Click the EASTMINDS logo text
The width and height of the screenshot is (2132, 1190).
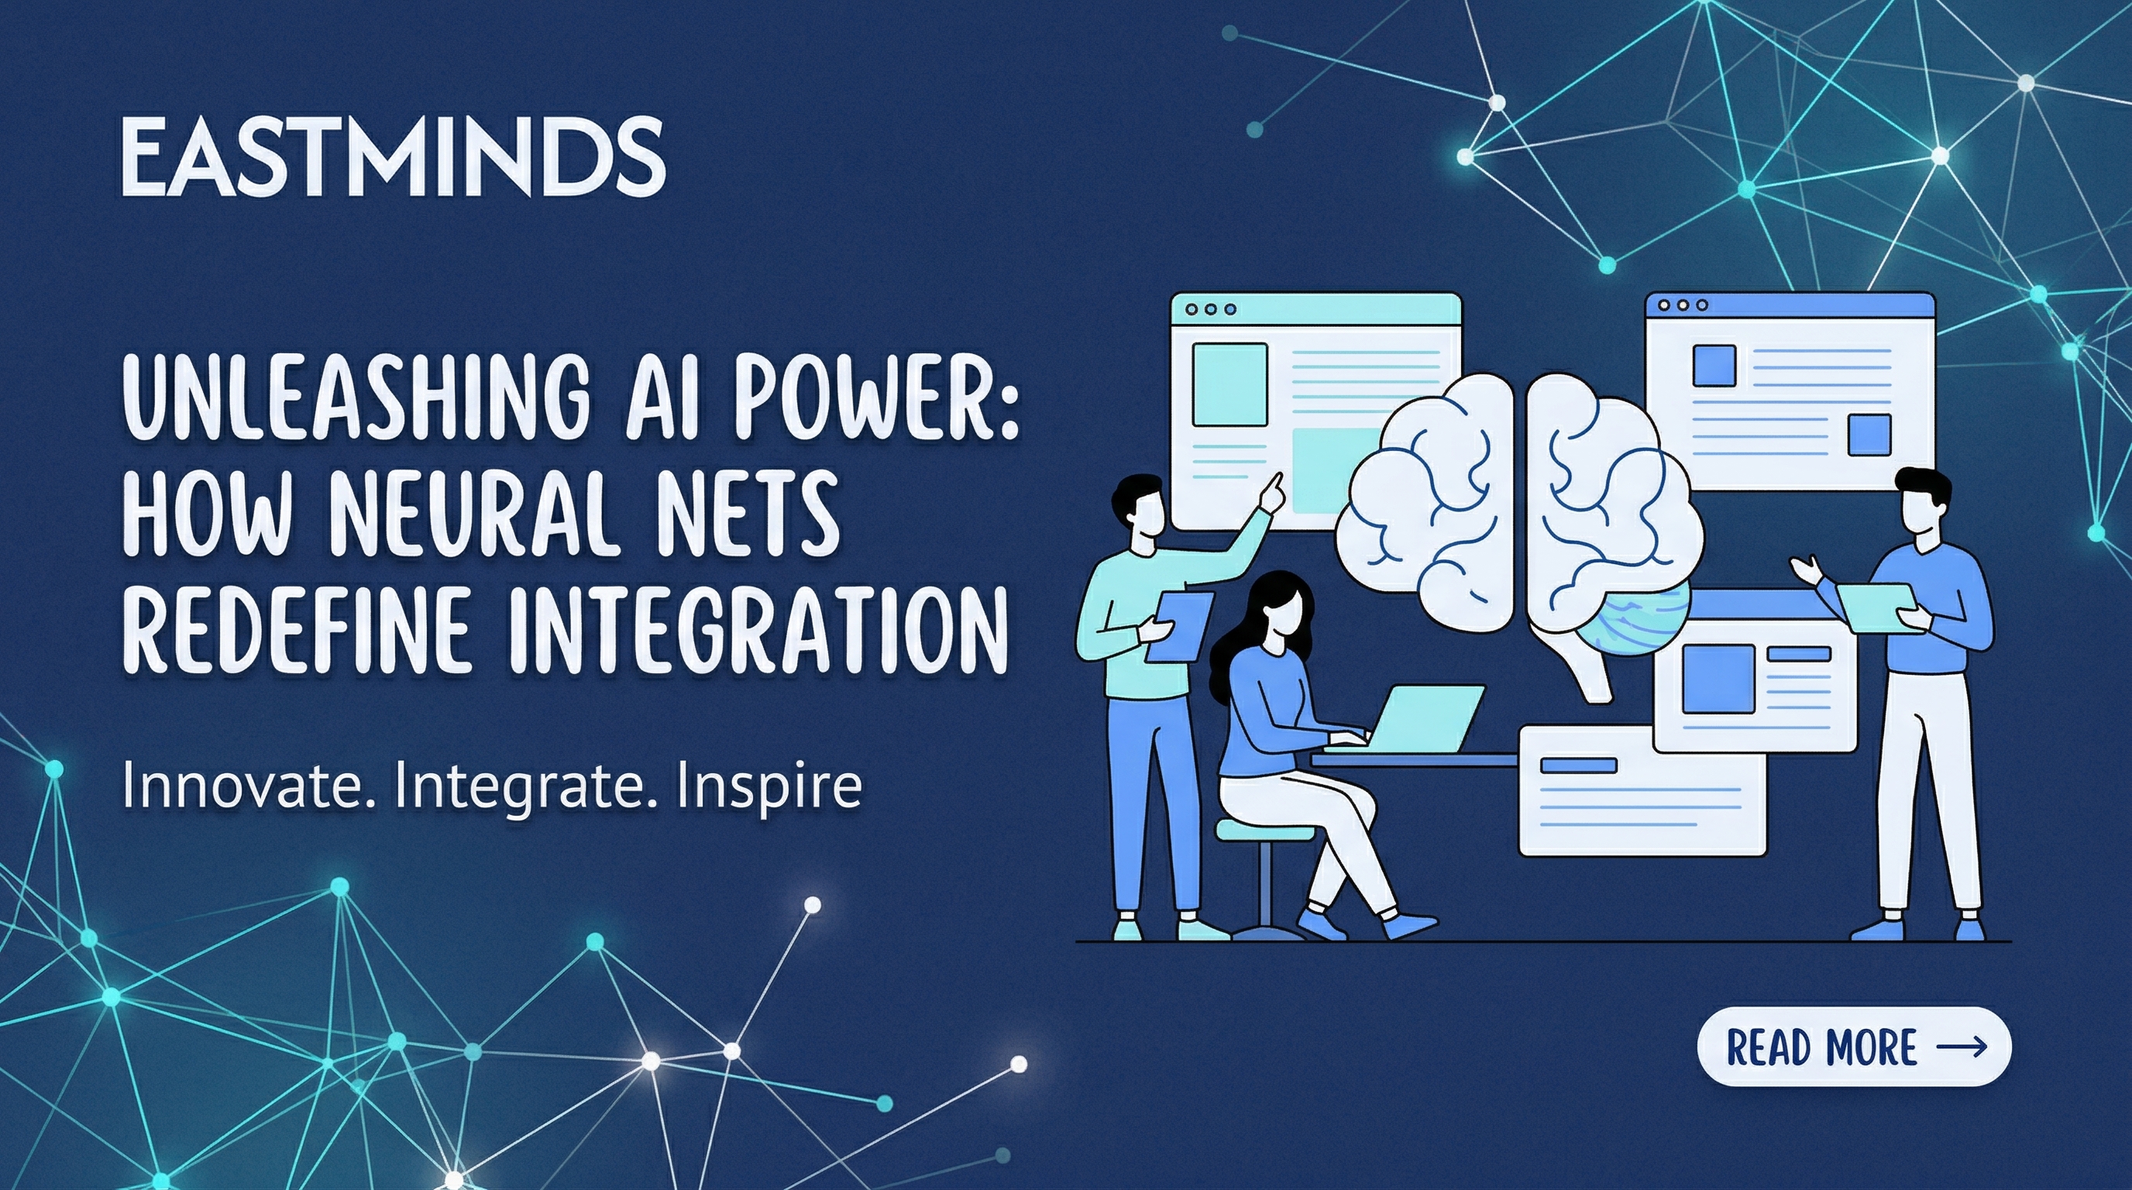(392, 156)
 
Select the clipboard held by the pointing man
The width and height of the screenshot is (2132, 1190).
(1178, 624)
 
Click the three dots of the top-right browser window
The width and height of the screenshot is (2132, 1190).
(1683, 305)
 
